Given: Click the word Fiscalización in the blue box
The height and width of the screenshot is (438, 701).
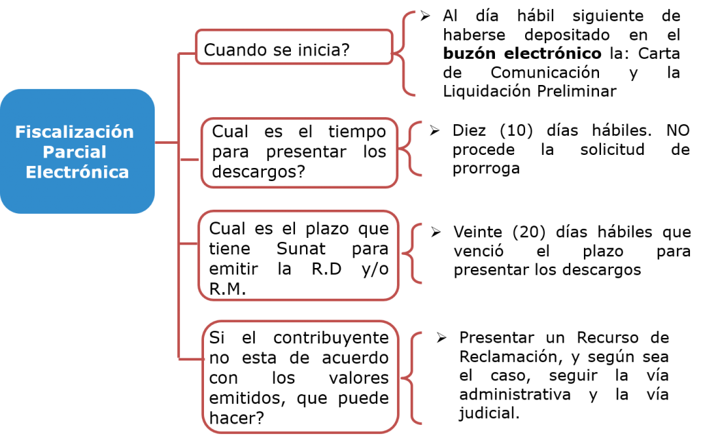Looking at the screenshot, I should coord(74,132).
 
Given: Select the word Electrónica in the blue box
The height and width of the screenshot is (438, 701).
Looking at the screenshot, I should coord(77,172).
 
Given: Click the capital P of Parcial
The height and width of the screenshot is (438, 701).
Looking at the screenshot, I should coord(47,151).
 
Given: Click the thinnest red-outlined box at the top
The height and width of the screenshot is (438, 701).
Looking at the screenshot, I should coord(294,47).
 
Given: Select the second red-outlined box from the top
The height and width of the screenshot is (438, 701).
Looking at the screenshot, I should coord(299,153).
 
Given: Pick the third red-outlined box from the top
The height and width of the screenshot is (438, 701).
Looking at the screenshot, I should coord(298,255).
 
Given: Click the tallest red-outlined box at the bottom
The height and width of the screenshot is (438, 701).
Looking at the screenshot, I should coord(301,377).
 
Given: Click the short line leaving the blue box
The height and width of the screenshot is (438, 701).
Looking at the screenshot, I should coord(166,143).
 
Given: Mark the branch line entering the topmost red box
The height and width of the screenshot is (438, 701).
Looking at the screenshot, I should coord(187,52).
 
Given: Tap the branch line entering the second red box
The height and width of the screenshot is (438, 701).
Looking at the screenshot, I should coord(190,159).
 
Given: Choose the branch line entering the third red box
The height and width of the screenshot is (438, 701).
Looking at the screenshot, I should coord(188,243).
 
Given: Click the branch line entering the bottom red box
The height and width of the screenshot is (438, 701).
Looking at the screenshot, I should coord(191,358).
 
